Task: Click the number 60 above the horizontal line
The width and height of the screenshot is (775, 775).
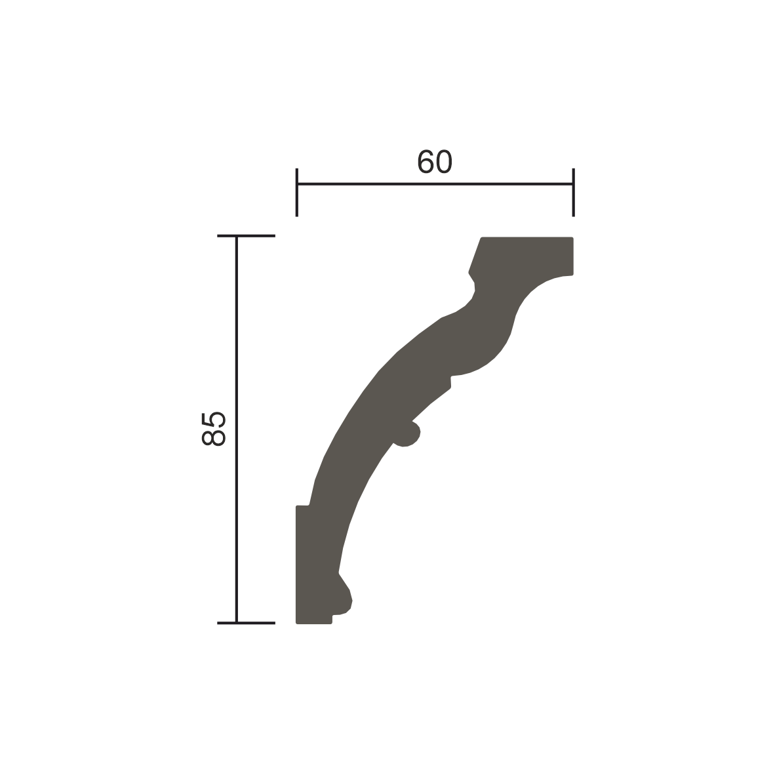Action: coord(435,162)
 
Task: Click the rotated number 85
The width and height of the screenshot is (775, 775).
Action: coord(214,429)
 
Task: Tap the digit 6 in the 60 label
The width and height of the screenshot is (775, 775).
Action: coord(426,162)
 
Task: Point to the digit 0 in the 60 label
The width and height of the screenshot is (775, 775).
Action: coord(445,162)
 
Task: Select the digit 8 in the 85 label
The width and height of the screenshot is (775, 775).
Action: coord(214,438)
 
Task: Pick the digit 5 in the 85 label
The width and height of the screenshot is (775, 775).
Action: coord(214,420)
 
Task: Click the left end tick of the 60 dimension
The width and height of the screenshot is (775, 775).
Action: coord(296,192)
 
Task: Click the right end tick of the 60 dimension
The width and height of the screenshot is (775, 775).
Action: coord(573,192)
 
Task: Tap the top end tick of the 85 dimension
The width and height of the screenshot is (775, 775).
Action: coord(246,236)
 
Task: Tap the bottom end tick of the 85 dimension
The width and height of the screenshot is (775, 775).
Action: coord(246,624)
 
